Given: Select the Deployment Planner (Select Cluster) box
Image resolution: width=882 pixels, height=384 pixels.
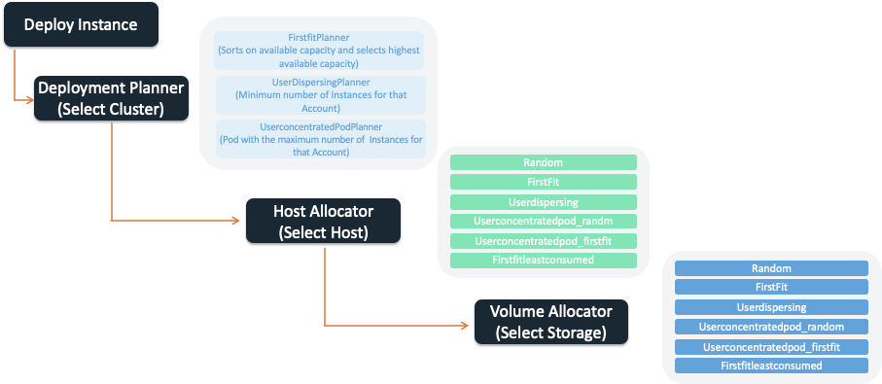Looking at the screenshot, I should pyautogui.click(x=111, y=98).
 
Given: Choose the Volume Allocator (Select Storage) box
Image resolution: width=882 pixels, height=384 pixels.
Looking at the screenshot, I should pyautogui.click(x=550, y=322).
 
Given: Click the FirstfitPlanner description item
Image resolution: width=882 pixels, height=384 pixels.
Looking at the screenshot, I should pyautogui.click(x=319, y=50).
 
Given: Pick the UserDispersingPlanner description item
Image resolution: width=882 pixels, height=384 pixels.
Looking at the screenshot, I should pyautogui.click(x=319, y=95).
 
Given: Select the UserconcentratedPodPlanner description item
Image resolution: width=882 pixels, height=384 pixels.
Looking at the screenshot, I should pyautogui.click(x=319, y=140).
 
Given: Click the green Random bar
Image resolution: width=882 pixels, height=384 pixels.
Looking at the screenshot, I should pyautogui.click(x=543, y=162).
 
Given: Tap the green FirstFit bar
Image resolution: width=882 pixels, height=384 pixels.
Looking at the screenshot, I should pyautogui.click(x=543, y=182).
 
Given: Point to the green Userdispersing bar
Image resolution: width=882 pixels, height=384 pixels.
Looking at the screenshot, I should pyautogui.click(x=543, y=202).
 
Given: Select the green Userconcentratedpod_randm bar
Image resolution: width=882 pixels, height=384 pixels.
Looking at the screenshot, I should pyautogui.click(x=543, y=222).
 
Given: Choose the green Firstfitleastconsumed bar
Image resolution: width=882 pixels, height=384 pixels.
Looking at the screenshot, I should pyautogui.click(x=543, y=261).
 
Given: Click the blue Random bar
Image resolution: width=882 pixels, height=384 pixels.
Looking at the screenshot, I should pyautogui.click(x=771, y=267).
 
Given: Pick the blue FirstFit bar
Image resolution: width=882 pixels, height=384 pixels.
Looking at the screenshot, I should pyautogui.click(x=771, y=288).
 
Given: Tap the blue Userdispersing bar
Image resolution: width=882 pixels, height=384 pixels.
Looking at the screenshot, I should pyautogui.click(x=771, y=307).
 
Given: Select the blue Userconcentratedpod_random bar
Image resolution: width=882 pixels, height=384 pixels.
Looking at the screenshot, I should pyautogui.click(x=771, y=327).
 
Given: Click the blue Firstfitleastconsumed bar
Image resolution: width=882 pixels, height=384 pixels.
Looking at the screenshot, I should pyautogui.click(x=771, y=366).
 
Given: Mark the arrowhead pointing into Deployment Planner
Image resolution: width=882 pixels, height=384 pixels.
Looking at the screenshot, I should pyautogui.click(x=30, y=99).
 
